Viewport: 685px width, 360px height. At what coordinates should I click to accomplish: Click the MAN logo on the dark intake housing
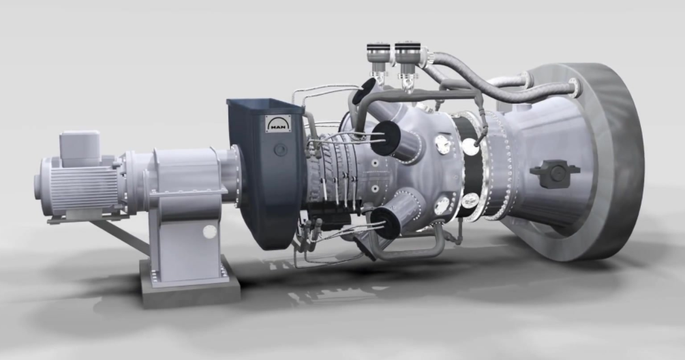coord(278,123)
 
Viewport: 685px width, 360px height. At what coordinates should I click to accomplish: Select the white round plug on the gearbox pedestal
coord(210,232)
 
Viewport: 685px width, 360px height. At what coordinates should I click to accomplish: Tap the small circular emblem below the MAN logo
coord(279,150)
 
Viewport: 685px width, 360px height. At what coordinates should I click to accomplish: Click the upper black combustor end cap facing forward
coord(385,137)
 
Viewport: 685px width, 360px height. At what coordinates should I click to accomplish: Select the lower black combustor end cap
coord(385,223)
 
